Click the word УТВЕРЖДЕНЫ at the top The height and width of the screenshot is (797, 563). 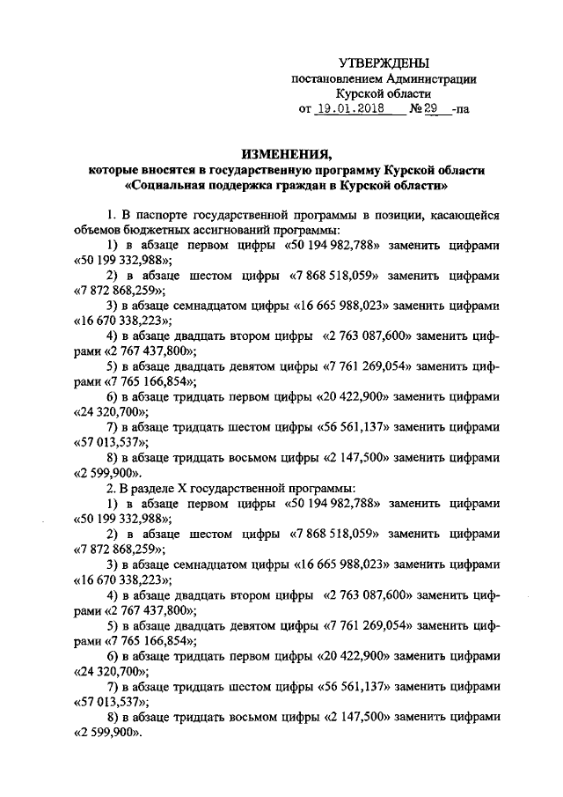tap(384, 63)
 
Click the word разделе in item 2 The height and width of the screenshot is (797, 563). tap(155, 486)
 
